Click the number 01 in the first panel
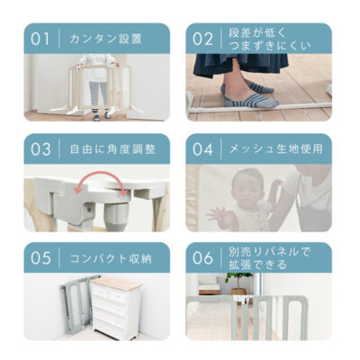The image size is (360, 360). click(x=40, y=40)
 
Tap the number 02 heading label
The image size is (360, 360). click(x=202, y=40)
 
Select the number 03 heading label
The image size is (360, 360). click(x=40, y=149)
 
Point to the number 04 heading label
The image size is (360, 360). click(x=203, y=149)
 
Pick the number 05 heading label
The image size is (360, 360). click(x=40, y=258)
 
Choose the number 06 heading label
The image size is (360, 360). click(x=203, y=258)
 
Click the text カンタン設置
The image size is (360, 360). click(x=105, y=39)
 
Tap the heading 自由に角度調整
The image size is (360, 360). click(x=112, y=149)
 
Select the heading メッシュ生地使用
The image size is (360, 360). click(x=276, y=149)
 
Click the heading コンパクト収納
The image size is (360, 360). click(x=111, y=258)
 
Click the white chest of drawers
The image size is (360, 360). click(x=116, y=308)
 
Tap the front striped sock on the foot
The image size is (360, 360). click(x=251, y=101)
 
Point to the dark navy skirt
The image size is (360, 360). click(x=240, y=65)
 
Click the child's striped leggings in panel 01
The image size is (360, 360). click(x=98, y=94)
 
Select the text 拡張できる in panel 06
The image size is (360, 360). click(x=258, y=265)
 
